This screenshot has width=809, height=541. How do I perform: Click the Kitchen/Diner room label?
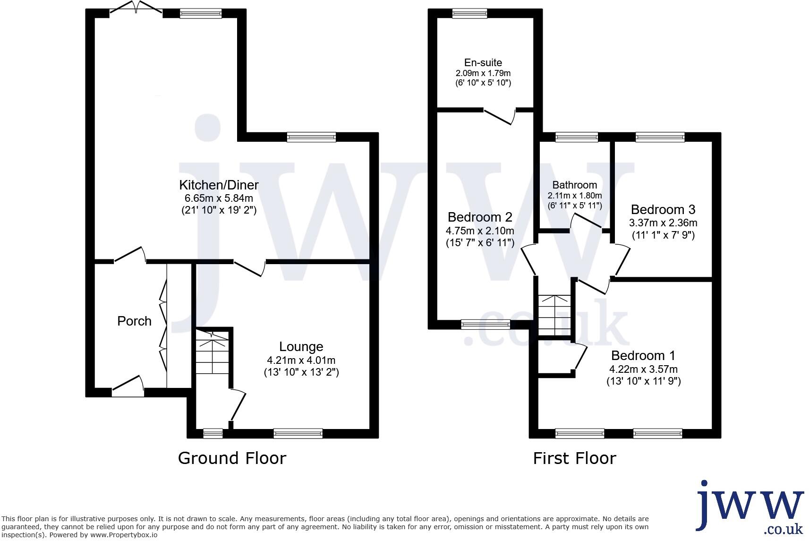[x=219, y=185]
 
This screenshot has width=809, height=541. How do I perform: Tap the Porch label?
[x=134, y=321]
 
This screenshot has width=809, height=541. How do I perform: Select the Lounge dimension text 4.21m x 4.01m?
[x=301, y=360]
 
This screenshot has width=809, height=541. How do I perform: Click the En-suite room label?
[x=483, y=63]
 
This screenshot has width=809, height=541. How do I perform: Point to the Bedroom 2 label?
[x=480, y=217]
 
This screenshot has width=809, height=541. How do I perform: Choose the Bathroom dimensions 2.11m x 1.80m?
[x=575, y=196]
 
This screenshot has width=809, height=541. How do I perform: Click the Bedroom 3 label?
[x=663, y=209]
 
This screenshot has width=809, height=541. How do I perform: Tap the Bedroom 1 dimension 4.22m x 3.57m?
[x=643, y=369]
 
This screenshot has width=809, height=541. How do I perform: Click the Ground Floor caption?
[x=232, y=458]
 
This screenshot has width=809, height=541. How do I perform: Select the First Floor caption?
[x=574, y=458]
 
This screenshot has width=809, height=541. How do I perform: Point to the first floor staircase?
[x=555, y=314]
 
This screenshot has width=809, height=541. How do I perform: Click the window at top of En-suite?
[x=469, y=14]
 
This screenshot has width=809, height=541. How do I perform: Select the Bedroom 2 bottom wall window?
[x=485, y=324]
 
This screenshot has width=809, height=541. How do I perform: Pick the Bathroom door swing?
[x=586, y=222]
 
